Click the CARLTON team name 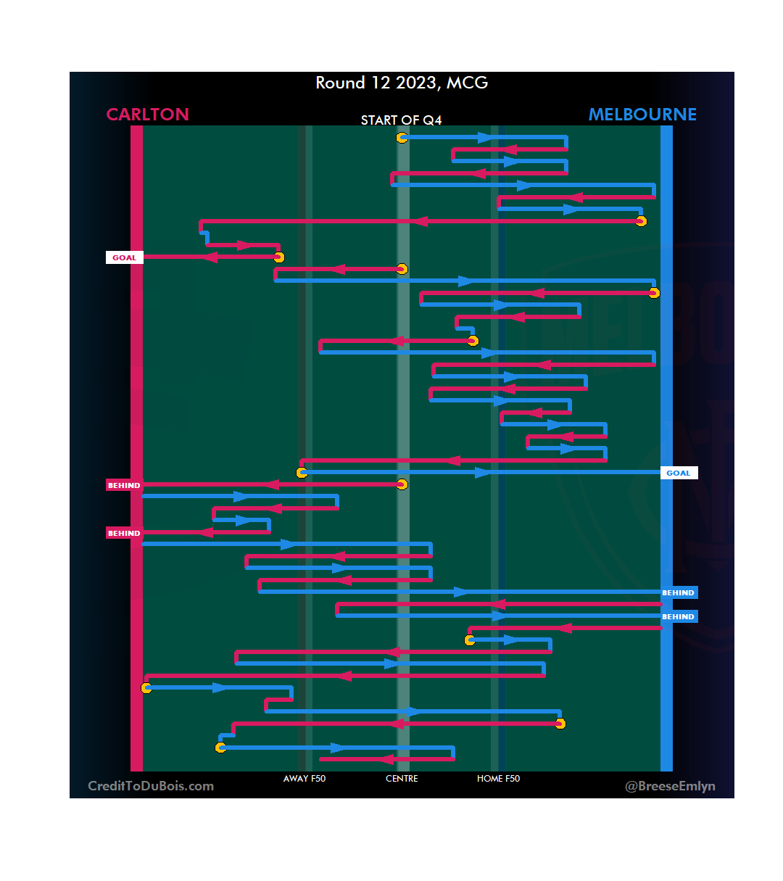pos(147,115)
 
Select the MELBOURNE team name pos(642,115)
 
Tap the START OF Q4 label pos(401,120)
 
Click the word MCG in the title pos(467,83)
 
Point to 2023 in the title pos(415,83)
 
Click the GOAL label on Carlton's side pos(124,257)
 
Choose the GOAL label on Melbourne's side pos(679,473)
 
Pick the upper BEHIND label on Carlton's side pos(124,485)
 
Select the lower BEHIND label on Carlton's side pos(124,533)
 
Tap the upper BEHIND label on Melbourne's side pos(679,592)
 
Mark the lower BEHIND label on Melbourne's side pos(679,616)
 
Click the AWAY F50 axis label pos(304,779)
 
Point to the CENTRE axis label pos(402,779)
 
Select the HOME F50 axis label pos(498,779)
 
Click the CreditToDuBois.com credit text pos(151,786)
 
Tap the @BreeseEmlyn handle pos(670,786)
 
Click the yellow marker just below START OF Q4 pos(402,138)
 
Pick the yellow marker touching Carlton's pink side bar pos(146,688)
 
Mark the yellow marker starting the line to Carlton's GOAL pos(279,257)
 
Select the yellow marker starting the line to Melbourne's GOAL pos(302,473)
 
